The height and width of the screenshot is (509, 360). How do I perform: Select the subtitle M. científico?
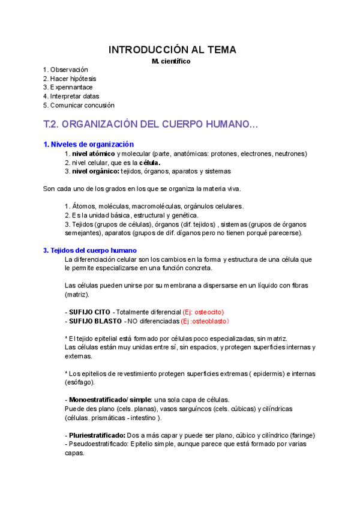click(172, 61)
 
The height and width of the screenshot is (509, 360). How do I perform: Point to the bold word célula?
click(149, 163)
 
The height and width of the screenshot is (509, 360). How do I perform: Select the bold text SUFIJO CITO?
click(89, 312)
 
